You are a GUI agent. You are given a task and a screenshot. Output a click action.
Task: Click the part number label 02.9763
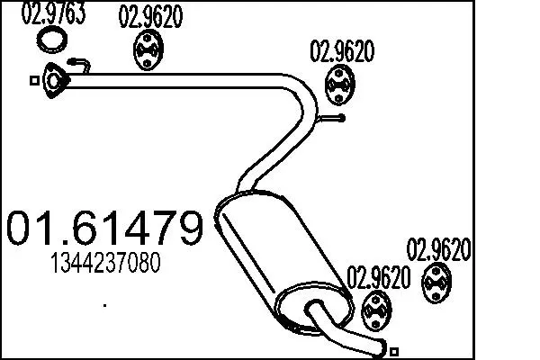tap(53, 14)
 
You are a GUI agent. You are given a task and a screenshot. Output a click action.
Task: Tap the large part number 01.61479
tap(104, 229)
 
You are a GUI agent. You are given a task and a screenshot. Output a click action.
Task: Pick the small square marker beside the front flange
tap(34, 80)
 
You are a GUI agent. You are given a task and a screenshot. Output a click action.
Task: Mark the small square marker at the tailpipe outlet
tap(393, 347)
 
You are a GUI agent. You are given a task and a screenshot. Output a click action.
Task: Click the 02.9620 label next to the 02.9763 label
tap(150, 16)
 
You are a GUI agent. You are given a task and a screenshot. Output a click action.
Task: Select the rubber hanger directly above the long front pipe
tap(148, 50)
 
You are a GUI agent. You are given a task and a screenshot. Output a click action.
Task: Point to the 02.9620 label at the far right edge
tap(439, 247)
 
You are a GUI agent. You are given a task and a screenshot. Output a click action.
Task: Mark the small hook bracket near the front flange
tap(81, 65)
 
